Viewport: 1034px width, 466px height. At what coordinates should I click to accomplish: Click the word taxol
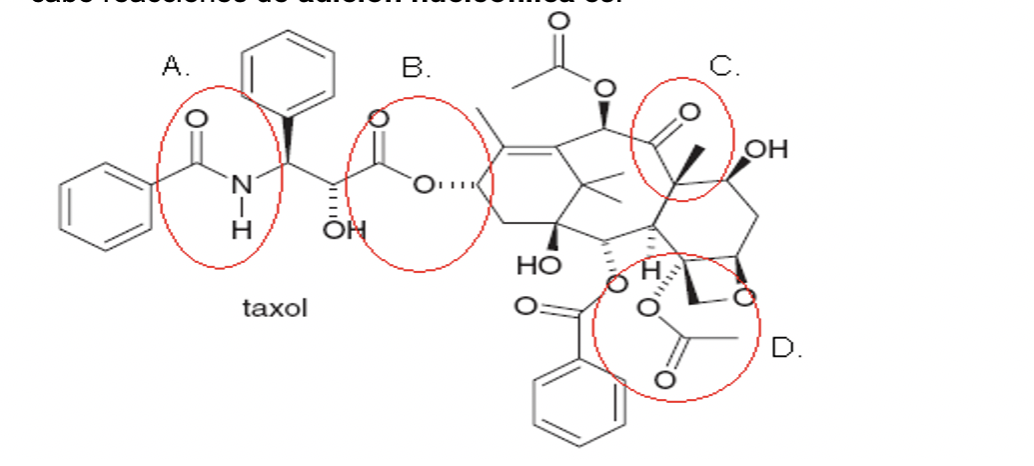point(275,308)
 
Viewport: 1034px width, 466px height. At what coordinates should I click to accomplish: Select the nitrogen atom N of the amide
point(240,184)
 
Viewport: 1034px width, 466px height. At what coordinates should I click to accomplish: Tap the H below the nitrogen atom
point(240,228)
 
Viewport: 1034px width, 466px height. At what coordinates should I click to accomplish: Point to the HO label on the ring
point(536,265)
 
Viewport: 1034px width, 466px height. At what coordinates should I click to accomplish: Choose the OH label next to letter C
point(766,150)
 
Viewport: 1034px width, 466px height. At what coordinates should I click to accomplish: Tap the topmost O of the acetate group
point(558,20)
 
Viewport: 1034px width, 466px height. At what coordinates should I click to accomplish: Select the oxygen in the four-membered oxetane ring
point(742,296)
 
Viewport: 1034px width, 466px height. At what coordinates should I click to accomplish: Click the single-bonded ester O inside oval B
point(424,184)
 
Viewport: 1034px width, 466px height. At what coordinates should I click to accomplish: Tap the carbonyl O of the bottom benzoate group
point(524,304)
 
